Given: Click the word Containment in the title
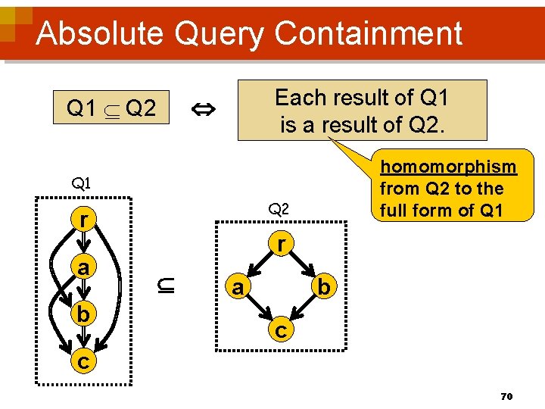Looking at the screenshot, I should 369,33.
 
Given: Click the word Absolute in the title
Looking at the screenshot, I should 99,33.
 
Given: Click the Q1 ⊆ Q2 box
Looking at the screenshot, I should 111,110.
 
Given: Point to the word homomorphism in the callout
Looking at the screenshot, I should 447,167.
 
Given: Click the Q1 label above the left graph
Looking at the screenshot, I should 81,183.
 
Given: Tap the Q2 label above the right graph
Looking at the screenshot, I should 279,208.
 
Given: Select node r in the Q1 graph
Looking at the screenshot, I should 82,219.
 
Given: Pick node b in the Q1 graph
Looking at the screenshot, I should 82,314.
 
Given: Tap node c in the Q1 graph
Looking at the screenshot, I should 82,361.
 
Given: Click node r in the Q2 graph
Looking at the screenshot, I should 281,244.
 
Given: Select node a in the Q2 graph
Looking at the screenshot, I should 238,287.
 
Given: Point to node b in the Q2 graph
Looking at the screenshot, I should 323,287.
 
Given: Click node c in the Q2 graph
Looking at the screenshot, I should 281,330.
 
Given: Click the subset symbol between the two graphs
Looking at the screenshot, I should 167,286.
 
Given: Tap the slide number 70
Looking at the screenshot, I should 506,395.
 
